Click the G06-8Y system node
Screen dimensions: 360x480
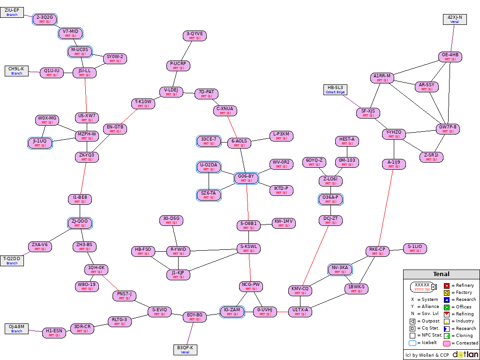(246, 178)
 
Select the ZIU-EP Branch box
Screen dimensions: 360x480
(12, 12)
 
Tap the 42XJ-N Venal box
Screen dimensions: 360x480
(455, 19)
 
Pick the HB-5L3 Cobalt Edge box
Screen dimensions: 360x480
(335, 90)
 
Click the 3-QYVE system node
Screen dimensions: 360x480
(195, 36)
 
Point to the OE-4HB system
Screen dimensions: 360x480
(450, 57)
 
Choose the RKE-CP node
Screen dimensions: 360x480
(377, 251)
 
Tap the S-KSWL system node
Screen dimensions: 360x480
(248, 248)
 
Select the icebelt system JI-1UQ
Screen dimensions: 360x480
(40, 143)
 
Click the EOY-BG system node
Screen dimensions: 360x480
(195, 317)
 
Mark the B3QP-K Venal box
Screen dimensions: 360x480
(185, 350)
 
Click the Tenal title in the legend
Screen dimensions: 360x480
(441, 274)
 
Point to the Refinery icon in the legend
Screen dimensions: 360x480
(447, 285)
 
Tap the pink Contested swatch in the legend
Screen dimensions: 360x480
(447, 343)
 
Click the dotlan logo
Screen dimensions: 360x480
(465, 354)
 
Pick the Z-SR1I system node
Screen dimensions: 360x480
(431, 157)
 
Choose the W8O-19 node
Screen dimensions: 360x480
(87, 286)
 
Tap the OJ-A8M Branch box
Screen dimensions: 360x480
(16, 329)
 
